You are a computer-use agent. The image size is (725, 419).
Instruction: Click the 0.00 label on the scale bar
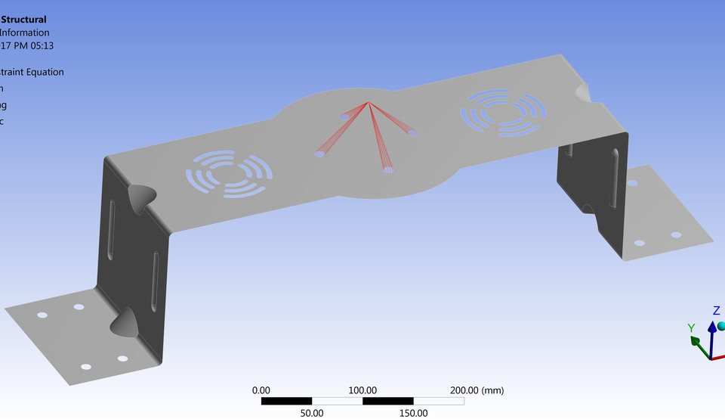click(261, 390)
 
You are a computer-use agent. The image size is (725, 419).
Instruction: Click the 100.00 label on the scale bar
click(362, 390)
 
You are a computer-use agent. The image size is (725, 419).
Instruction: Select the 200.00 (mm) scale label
click(477, 390)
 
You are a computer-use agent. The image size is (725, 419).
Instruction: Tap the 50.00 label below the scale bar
click(312, 413)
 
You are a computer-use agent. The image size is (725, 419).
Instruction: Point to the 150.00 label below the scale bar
click(413, 413)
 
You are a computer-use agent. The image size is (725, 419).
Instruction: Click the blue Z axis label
click(716, 310)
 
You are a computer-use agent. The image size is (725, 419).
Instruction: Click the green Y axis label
click(691, 327)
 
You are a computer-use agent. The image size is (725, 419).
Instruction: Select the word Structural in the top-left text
click(23, 20)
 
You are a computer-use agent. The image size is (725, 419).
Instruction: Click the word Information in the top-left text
click(25, 33)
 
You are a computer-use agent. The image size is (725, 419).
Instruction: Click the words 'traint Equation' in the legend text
click(32, 72)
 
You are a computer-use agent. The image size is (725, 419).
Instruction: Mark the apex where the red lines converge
click(368, 102)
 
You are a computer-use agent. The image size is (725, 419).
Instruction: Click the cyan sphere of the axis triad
click(721, 326)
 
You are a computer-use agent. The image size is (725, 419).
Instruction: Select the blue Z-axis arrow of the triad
click(712, 333)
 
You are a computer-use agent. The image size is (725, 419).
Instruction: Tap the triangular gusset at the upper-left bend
click(140, 197)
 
